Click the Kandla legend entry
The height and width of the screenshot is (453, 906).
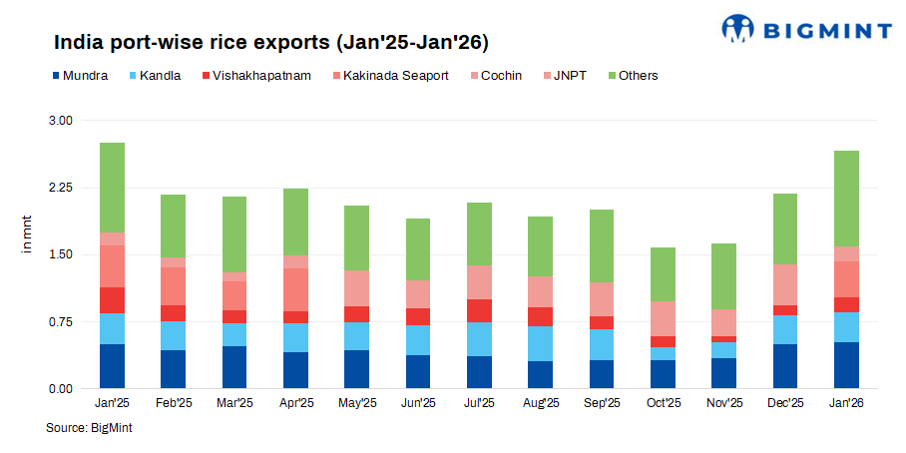(x=160, y=76)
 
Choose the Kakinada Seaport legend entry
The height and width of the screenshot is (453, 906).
(x=395, y=76)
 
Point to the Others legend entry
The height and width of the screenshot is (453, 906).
(x=638, y=76)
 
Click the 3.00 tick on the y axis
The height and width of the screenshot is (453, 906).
(x=61, y=121)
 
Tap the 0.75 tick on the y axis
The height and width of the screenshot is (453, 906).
(x=61, y=321)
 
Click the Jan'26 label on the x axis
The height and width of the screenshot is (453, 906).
(x=846, y=403)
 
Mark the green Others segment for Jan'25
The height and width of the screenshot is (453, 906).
(x=113, y=188)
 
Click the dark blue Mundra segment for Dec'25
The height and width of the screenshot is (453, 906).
(x=785, y=366)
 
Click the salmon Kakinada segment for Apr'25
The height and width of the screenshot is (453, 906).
(x=295, y=289)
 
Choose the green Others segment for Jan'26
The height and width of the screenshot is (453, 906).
(x=846, y=199)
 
